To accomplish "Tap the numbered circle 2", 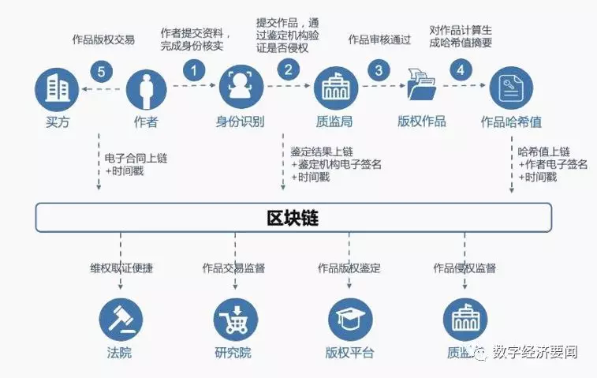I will click(x=289, y=69).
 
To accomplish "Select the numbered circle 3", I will click(x=380, y=70).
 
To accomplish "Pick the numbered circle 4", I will click(x=460, y=69).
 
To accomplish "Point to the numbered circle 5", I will click(x=99, y=72).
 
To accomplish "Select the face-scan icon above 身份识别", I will click(x=240, y=88).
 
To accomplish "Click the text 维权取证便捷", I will click(x=121, y=268).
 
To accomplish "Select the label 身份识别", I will click(x=240, y=122).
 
